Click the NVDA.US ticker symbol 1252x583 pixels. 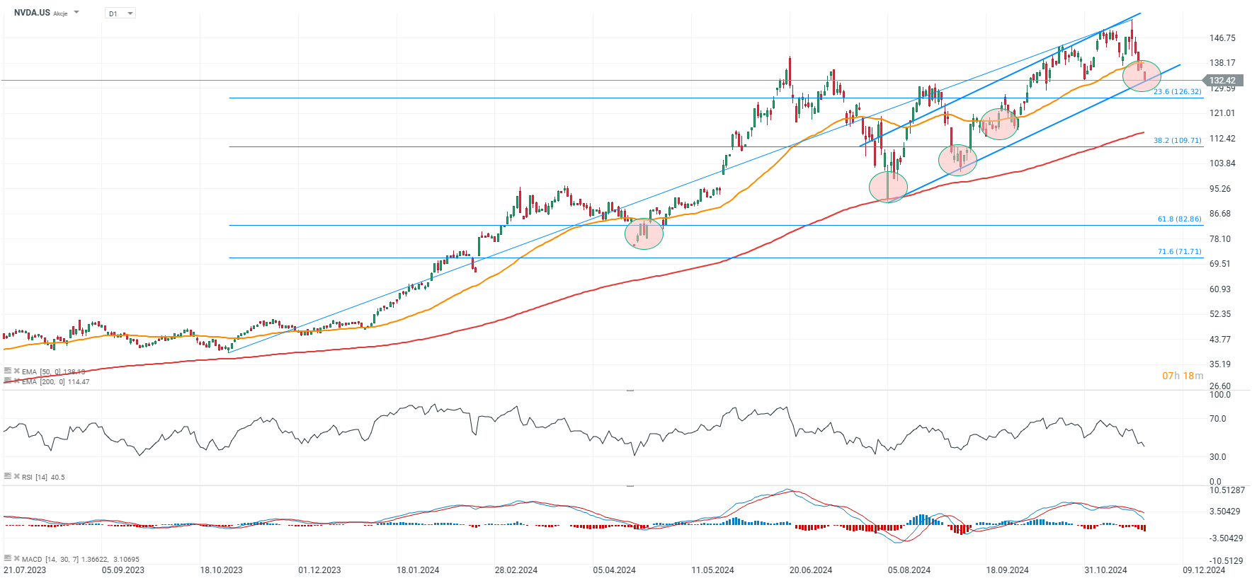click(x=32, y=13)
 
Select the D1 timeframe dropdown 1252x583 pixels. click(x=120, y=13)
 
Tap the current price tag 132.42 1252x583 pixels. click(x=1222, y=81)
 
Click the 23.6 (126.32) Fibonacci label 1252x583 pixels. click(x=1177, y=92)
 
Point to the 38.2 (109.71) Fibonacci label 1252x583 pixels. click(x=1177, y=141)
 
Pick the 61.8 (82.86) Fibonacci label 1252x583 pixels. click(x=1179, y=219)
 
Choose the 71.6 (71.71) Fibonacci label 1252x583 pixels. click(x=1179, y=252)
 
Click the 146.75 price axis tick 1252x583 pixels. click(x=1222, y=38)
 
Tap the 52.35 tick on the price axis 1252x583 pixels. click(x=1220, y=314)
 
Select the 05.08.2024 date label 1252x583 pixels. click(x=909, y=570)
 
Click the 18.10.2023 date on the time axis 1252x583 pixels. click(x=221, y=570)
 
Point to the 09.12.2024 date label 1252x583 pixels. click(x=1204, y=570)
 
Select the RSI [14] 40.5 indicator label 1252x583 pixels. click(x=42, y=478)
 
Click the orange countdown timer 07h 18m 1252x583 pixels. click(x=1182, y=376)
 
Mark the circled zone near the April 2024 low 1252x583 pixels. click(x=644, y=233)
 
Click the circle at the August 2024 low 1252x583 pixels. click(x=888, y=187)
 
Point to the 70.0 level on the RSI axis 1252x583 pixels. click(x=1217, y=419)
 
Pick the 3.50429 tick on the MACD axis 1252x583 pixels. click(x=1224, y=512)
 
